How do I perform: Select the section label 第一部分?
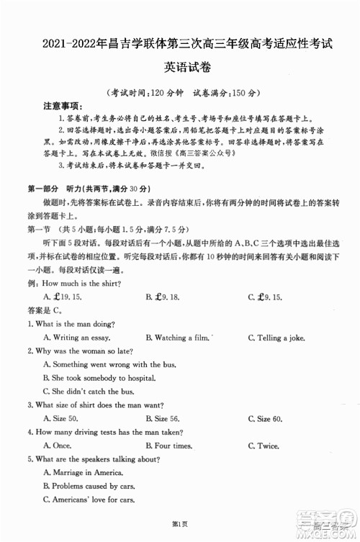coord(45,188)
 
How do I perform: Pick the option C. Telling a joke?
coord(277,337)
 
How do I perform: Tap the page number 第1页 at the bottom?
coord(179,522)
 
